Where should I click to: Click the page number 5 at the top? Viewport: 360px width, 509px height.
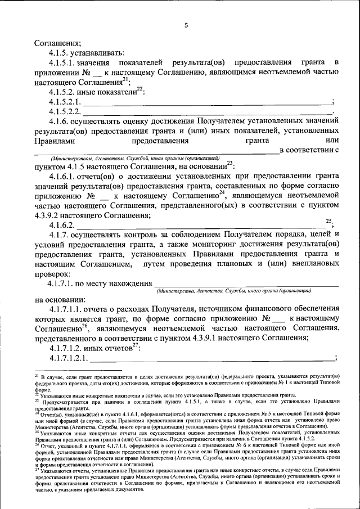[186, 25]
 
